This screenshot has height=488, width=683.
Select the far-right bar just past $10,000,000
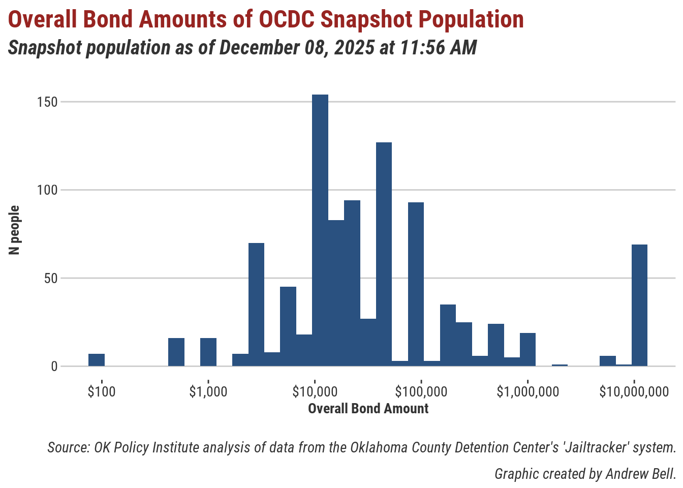click(639, 305)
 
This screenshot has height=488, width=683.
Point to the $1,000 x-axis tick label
click(208, 392)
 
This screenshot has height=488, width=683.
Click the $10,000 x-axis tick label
click(315, 392)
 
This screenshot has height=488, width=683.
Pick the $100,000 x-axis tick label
click(421, 392)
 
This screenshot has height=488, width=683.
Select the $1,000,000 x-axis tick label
click(528, 392)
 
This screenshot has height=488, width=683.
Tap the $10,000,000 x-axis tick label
click(634, 392)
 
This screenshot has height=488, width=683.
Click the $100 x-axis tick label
click(102, 392)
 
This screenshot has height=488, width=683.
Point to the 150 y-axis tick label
click(47, 102)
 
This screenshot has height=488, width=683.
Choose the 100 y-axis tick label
click(47, 190)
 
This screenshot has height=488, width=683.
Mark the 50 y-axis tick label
click(50, 279)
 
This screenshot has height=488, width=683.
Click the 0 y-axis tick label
click(54, 367)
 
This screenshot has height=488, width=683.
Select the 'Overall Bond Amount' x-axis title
click(368, 409)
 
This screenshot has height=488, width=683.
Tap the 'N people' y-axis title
click(14, 230)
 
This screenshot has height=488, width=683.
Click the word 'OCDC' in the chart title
click(287, 20)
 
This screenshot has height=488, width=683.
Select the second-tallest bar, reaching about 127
click(384, 254)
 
